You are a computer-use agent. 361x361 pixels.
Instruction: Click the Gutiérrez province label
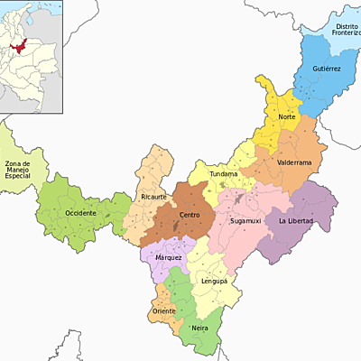click(x=326, y=69)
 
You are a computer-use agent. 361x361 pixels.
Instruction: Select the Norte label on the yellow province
click(x=287, y=118)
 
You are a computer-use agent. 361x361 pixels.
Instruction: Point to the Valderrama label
click(x=294, y=163)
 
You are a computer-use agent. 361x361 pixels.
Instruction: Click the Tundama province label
click(x=224, y=173)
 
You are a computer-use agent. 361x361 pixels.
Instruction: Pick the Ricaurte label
click(x=154, y=197)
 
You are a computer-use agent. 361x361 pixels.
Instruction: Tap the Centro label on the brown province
click(x=190, y=215)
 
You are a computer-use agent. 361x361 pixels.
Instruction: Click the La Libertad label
click(x=296, y=221)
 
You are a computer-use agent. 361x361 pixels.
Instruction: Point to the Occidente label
click(x=80, y=213)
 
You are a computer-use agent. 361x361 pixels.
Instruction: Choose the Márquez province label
click(x=168, y=258)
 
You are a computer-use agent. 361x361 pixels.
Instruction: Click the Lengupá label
click(x=214, y=282)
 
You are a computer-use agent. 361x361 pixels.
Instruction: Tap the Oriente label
click(x=164, y=311)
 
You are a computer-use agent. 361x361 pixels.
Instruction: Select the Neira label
click(x=199, y=329)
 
